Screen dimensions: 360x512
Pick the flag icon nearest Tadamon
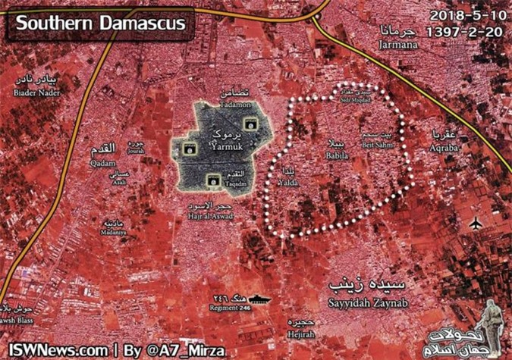pyautogui.click(x=247, y=124)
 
